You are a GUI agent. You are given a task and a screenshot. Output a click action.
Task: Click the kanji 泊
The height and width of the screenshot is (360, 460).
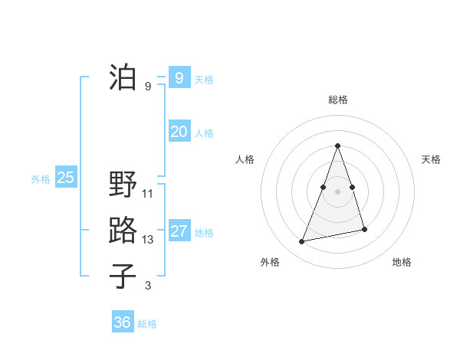(123, 77)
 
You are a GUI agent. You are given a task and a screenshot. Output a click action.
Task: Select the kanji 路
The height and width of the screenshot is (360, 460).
(123, 231)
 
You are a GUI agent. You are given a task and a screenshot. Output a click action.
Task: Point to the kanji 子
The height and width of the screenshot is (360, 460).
(123, 277)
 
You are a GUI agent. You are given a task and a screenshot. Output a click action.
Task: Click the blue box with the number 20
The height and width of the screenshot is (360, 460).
(179, 132)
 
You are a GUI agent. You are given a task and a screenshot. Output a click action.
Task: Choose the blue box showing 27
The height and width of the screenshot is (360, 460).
(179, 231)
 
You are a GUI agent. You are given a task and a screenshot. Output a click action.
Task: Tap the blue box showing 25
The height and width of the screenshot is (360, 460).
(65, 178)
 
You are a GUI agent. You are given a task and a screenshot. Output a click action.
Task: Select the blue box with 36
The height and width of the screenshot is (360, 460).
(122, 322)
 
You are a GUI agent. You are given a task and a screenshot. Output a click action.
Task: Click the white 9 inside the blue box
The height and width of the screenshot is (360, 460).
(179, 77)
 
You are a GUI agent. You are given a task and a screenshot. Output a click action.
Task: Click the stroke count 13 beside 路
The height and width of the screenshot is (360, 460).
(148, 240)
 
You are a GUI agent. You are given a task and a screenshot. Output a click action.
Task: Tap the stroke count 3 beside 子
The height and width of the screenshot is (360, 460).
(148, 286)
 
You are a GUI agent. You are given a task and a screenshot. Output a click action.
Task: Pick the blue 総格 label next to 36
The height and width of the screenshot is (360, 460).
(147, 324)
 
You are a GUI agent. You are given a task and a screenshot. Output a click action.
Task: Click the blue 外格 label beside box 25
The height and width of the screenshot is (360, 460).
(41, 179)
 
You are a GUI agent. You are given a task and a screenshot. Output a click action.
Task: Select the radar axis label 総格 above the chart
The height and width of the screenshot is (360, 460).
(337, 100)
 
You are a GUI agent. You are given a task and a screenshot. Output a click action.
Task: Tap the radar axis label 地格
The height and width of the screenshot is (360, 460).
(402, 262)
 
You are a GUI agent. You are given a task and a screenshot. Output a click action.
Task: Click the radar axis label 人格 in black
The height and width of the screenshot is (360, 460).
(245, 159)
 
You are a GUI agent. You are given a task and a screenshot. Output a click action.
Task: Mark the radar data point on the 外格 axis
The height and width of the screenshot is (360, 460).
(302, 242)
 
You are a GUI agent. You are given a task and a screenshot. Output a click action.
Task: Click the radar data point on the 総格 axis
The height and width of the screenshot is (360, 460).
(337, 146)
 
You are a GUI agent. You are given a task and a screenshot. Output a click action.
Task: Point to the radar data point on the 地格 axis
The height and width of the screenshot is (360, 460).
(364, 229)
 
